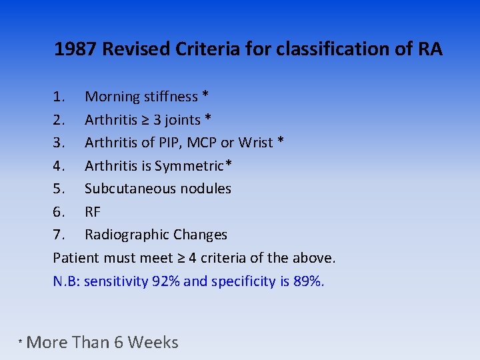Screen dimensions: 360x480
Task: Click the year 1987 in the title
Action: pos(76,49)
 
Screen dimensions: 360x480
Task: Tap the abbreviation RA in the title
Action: pos(429,49)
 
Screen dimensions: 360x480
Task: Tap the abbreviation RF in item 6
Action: pos(93,212)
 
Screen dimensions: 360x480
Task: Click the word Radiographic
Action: pos(127,235)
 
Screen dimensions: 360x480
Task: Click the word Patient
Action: pos(75,258)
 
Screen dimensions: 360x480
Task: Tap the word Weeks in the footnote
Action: pos(153,343)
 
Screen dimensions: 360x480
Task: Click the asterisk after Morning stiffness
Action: pos(205,95)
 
